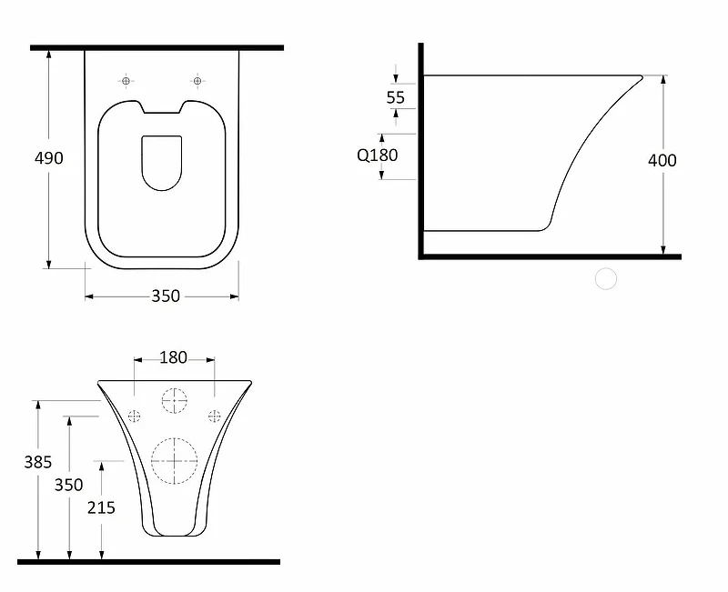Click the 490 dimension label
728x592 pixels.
tap(49, 158)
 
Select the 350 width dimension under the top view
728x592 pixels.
tap(166, 296)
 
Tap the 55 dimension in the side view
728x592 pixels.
tap(396, 97)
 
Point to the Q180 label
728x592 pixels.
tap(377, 155)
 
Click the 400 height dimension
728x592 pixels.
tap(662, 161)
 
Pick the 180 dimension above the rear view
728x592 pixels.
tap(173, 357)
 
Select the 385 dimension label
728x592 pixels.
tap(38, 462)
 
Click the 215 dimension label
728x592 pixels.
tap(101, 508)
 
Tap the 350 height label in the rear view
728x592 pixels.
tap(69, 485)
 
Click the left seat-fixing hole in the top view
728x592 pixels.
tap(126, 81)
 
